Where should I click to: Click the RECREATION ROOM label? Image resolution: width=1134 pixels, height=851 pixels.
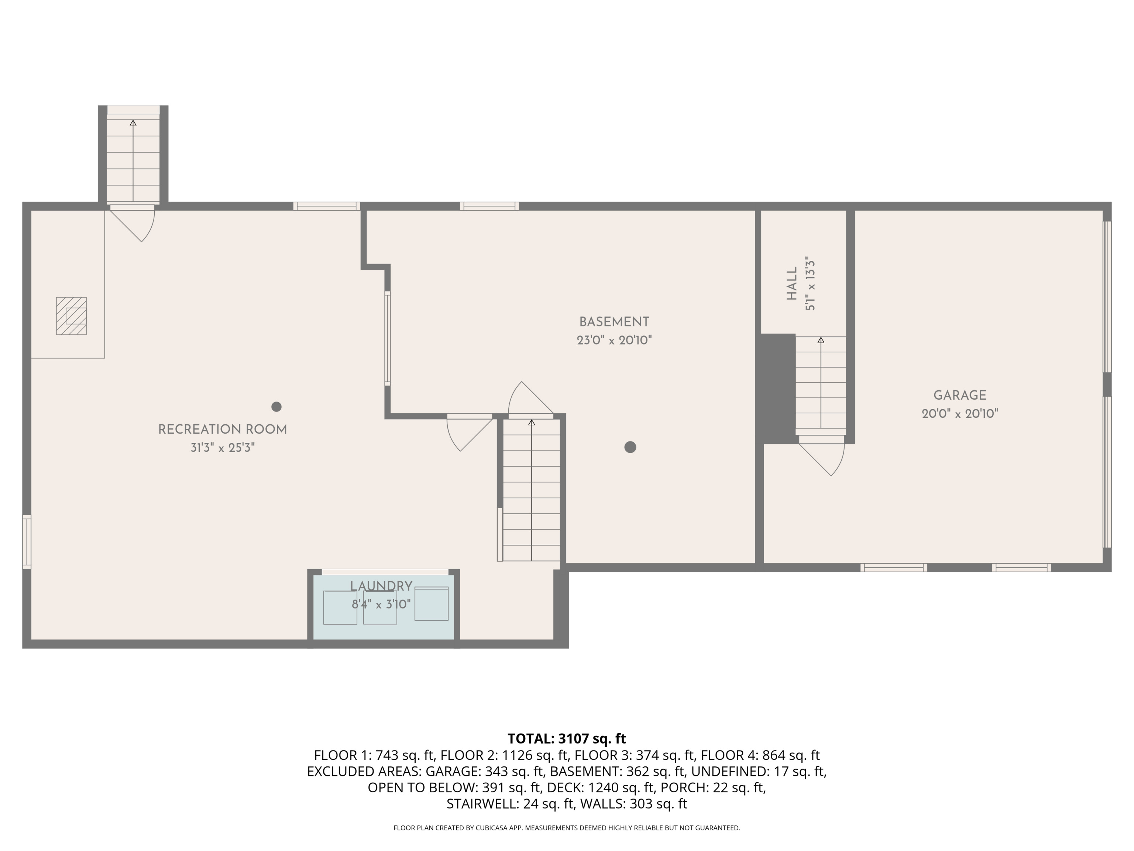pos(223,429)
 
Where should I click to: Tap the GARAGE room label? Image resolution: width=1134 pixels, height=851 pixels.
pos(960,395)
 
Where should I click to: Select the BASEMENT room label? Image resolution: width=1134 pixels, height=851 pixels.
pos(614,322)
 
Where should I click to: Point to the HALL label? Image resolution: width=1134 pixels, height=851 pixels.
pos(792,283)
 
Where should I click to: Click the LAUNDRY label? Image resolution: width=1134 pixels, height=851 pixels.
pos(381,586)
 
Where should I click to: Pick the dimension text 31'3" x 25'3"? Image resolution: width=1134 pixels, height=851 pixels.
pos(223,448)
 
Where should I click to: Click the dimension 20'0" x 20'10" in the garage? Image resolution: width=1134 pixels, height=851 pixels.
pos(960,413)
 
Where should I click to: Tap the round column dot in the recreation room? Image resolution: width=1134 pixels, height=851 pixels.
pos(276,407)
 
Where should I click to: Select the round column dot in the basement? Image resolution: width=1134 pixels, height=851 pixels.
pos(630,447)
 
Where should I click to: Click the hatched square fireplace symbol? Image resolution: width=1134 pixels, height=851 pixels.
pos(71,316)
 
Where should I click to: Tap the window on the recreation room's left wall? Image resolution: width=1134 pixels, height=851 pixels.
pos(27,542)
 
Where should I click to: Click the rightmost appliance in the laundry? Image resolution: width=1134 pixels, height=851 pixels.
pos(431,604)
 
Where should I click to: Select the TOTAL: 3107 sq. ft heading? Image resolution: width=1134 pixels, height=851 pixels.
pos(567,739)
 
